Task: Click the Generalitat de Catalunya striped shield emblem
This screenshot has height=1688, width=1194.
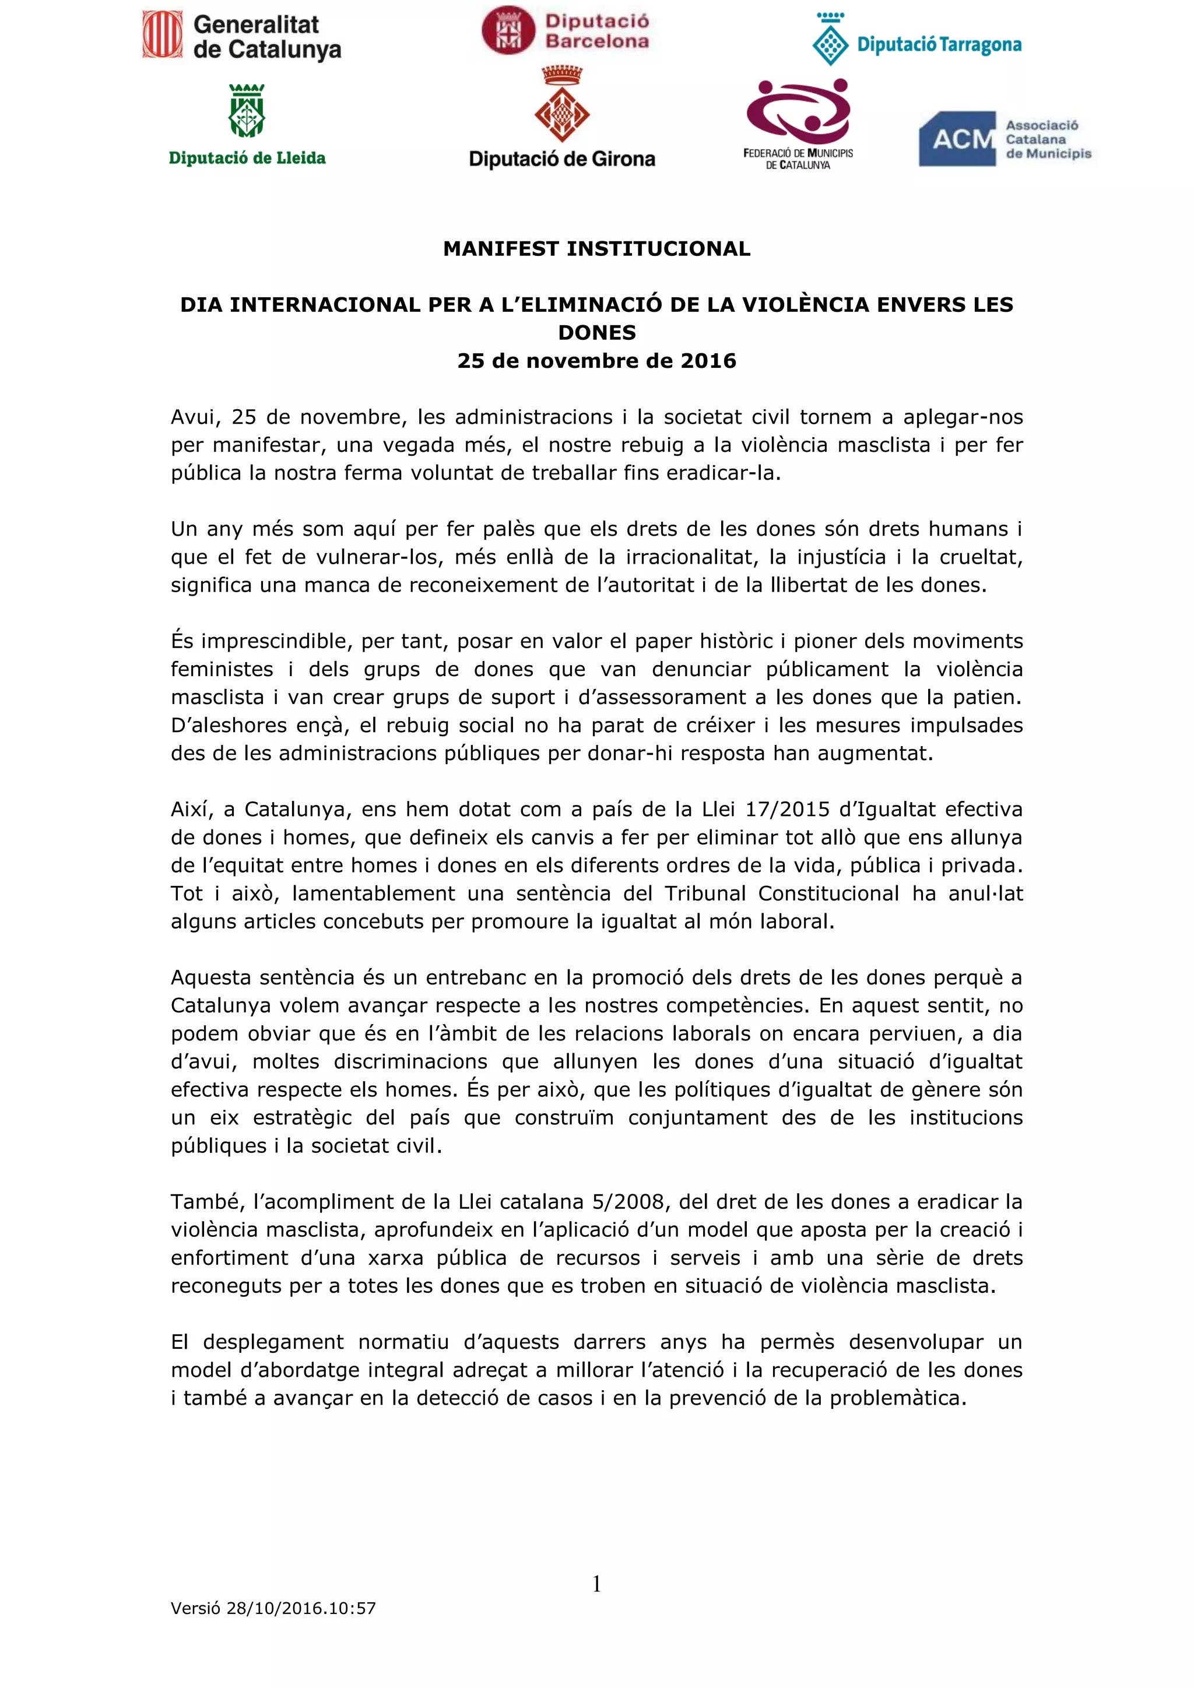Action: coord(163,34)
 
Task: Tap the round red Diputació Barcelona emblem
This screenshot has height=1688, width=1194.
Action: coord(508,31)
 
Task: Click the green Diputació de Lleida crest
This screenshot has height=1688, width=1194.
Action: coord(247,112)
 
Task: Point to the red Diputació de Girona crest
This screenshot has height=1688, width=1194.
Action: coord(561,106)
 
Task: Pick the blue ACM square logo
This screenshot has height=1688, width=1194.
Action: coord(957,139)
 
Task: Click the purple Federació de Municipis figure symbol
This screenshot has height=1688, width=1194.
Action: coord(799,110)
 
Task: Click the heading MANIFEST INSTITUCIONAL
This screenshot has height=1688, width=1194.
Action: coord(596,249)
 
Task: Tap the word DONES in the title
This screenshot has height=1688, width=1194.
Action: coord(596,333)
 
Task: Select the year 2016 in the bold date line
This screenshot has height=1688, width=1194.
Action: coord(708,361)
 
